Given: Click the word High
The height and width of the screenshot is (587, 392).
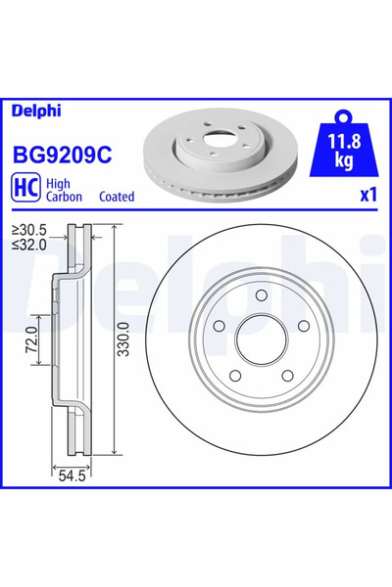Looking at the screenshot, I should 61,181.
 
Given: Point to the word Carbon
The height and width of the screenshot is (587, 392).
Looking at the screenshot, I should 67,197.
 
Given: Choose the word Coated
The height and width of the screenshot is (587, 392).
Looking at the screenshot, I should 117,197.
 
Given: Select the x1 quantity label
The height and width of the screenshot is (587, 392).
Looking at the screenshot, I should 367,194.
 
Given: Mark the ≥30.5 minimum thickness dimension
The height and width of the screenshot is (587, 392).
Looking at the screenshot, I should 30,231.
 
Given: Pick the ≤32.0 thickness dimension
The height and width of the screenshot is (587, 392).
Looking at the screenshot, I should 30,245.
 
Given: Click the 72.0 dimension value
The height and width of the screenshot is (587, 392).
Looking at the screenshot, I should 29,342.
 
